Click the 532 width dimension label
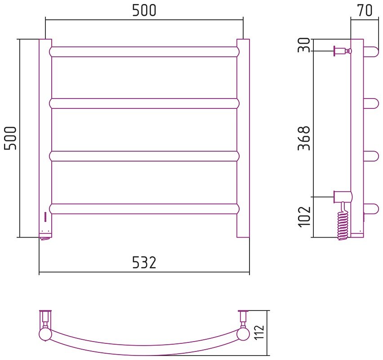(144, 262)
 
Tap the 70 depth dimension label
(365, 10)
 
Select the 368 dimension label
(304, 138)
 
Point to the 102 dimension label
(304, 217)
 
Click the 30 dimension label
(304, 45)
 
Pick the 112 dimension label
(259, 332)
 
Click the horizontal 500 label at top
(144, 10)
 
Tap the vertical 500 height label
(10, 138)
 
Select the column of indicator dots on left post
(45, 217)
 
